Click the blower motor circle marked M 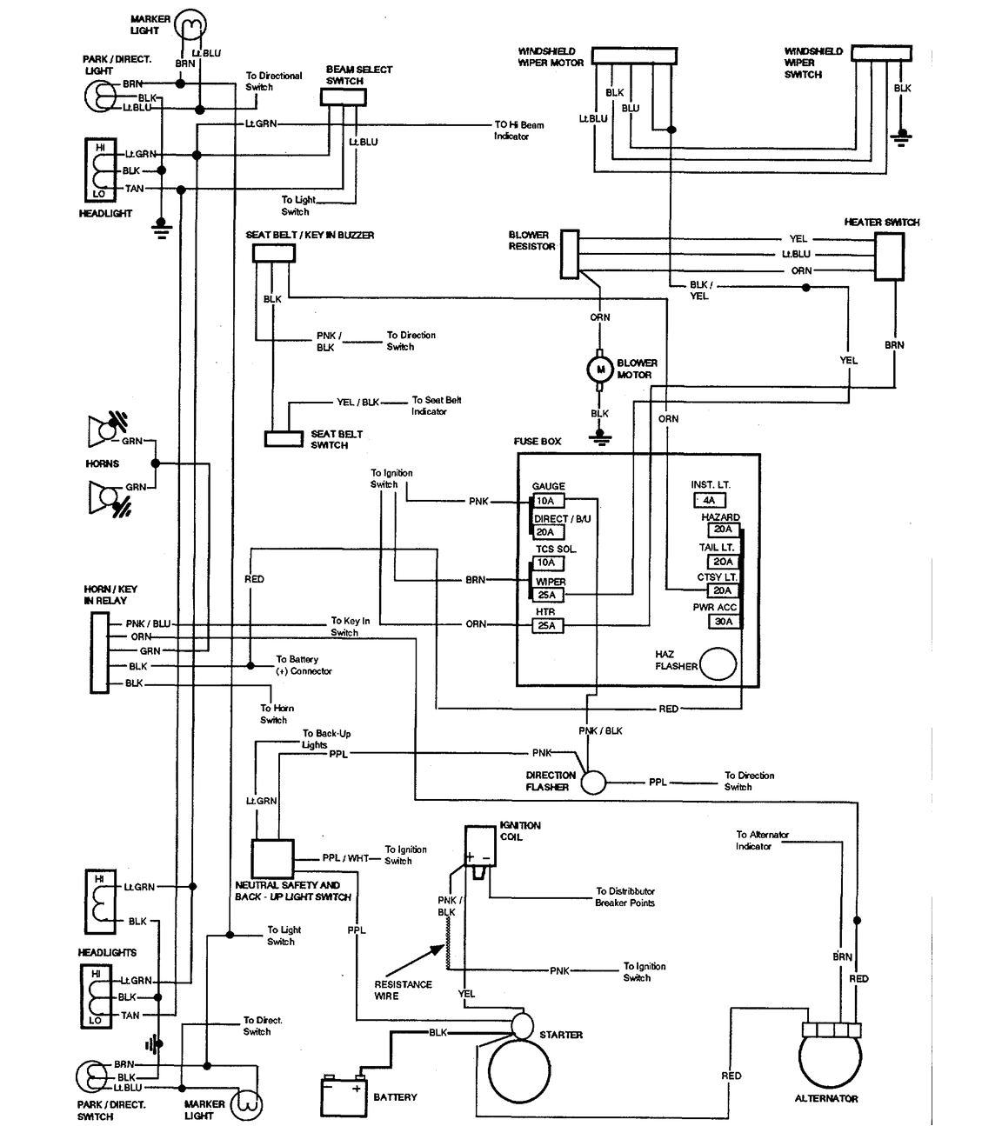[599, 370]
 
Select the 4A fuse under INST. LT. [709, 500]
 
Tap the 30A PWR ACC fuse [723, 622]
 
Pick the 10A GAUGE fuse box [547, 501]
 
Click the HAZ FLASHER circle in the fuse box [718, 664]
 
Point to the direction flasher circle [593, 782]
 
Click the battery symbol [344, 1096]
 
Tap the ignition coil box [478, 844]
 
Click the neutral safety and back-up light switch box [272, 859]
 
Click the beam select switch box [344, 97]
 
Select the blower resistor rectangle [569, 253]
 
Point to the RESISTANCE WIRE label [403, 989]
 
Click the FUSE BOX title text [538, 442]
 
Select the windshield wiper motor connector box [635, 57]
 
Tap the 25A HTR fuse [547, 625]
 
